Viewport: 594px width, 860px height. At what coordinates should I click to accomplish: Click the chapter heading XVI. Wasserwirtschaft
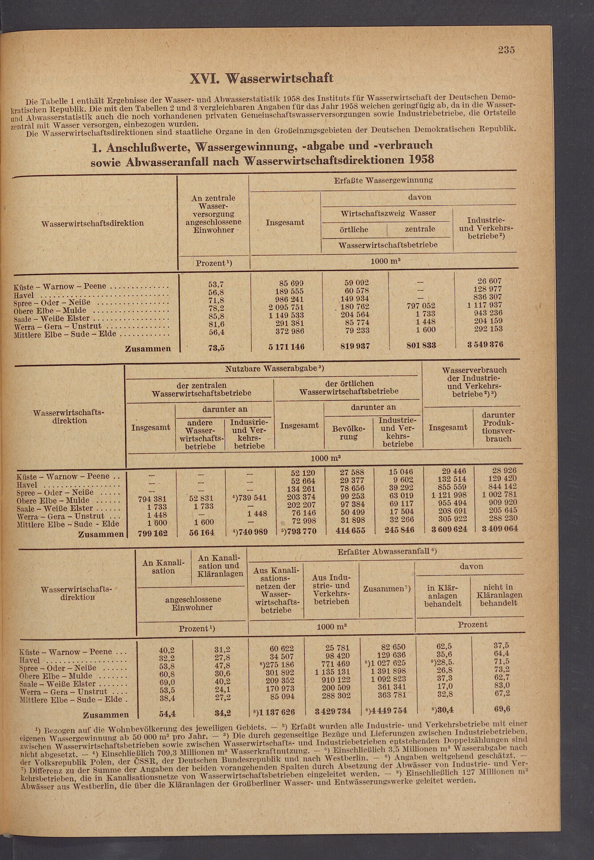(262, 78)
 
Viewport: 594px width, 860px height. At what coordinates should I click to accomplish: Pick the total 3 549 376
(485, 345)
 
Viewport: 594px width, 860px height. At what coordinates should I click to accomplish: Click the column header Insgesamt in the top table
(285, 223)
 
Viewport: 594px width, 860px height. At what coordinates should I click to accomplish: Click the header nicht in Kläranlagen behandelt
(498, 595)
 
